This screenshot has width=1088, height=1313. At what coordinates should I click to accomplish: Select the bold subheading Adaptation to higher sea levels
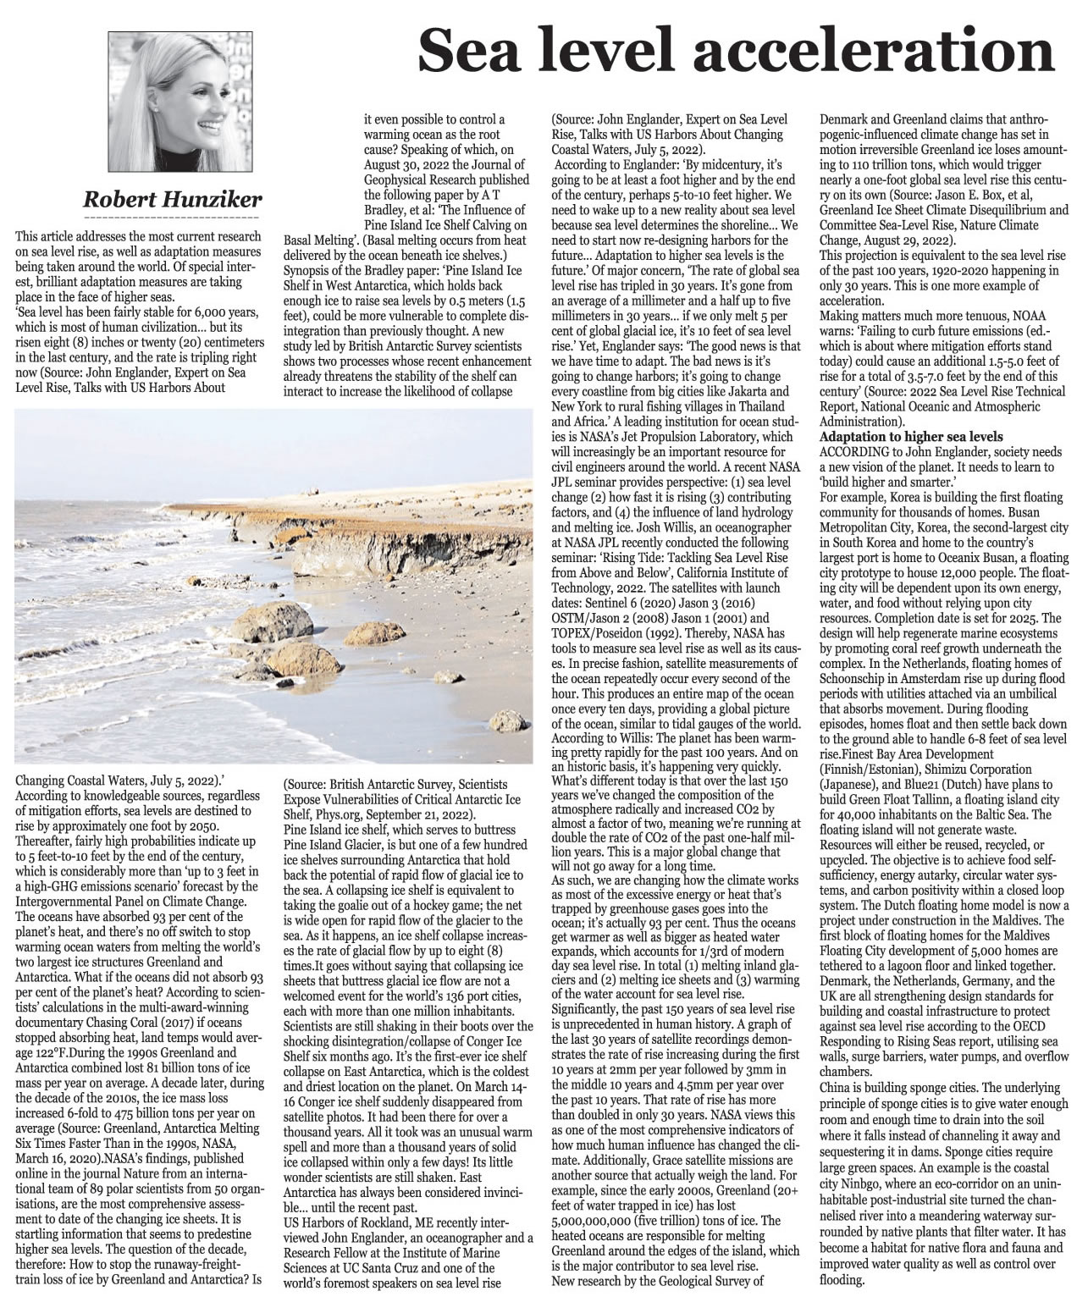click(910, 436)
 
